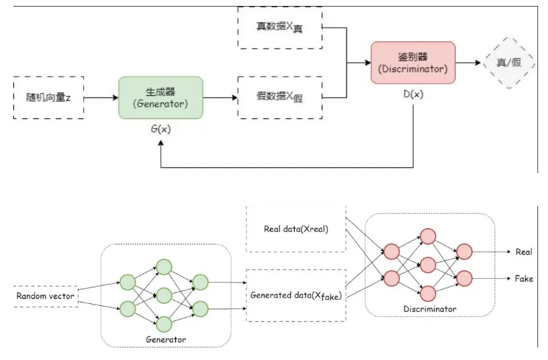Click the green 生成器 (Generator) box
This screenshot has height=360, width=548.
(x=161, y=98)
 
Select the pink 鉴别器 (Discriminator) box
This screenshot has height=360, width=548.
(x=412, y=63)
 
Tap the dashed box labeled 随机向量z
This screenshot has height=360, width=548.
(x=49, y=98)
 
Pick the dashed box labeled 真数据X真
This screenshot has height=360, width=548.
(x=279, y=28)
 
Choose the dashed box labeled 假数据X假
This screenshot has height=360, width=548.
(x=279, y=98)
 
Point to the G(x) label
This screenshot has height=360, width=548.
(x=161, y=129)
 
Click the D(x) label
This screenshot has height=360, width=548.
(x=413, y=94)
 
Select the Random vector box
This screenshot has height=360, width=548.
(x=45, y=296)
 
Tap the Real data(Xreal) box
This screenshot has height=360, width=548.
(x=295, y=229)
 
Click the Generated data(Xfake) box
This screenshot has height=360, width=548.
(x=295, y=295)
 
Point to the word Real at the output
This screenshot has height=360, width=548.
(x=524, y=252)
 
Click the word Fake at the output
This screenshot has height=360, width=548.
(x=524, y=279)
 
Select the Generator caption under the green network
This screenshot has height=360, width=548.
(x=165, y=340)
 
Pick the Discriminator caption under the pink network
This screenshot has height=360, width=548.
(x=430, y=308)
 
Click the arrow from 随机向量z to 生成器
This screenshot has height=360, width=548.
(x=101, y=98)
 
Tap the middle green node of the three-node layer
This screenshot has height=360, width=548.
(x=163, y=295)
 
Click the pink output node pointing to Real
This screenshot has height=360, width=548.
(x=465, y=252)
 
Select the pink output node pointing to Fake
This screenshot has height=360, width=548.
(x=465, y=278)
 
